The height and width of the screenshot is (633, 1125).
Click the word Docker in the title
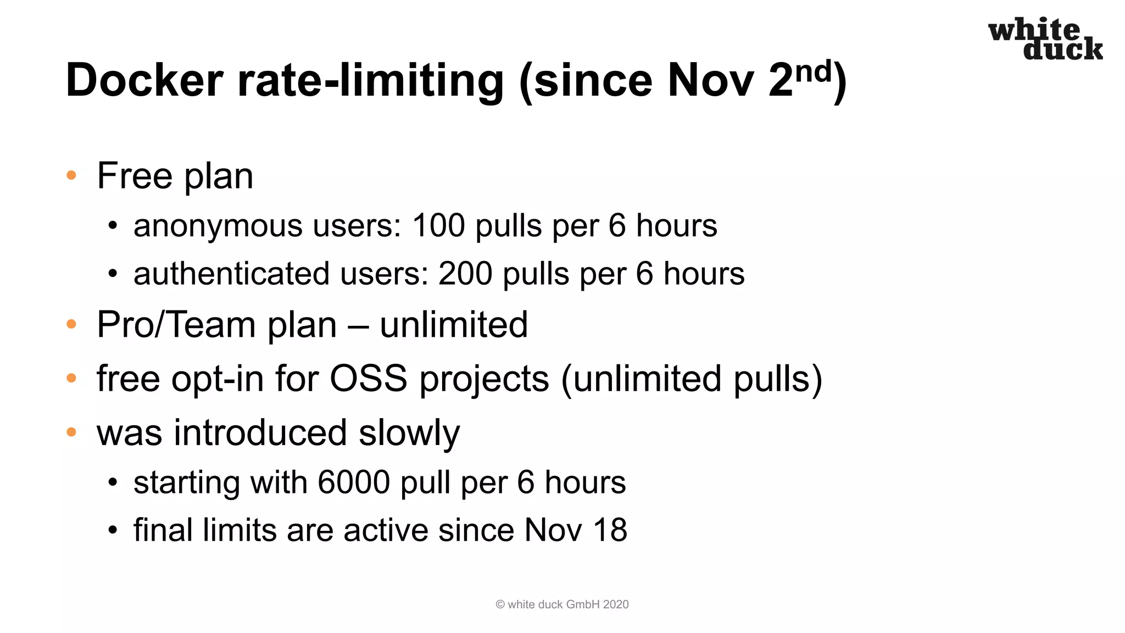pyautogui.click(x=144, y=81)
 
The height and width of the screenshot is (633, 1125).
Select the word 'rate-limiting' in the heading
pyautogui.click(x=370, y=81)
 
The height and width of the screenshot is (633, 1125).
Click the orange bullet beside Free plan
pyautogui.click(x=71, y=176)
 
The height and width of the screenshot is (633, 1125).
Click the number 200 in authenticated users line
pyautogui.click(x=465, y=274)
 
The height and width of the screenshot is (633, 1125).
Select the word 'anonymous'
pyautogui.click(x=218, y=226)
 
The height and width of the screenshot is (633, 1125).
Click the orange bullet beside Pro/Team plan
pyautogui.click(x=71, y=324)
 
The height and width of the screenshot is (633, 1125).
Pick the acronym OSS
pyautogui.click(x=369, y=379)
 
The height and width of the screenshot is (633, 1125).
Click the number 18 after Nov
pyautogui.click(x=610, y=530)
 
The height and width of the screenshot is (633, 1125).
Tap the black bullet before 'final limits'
pyautogui.click(x=113, y=531)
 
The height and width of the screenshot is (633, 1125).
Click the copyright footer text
pyautogui.click(x=562, y=604)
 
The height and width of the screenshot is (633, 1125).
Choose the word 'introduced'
pyautogui.click(x=260, y=432)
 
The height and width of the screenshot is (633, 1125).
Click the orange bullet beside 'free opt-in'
pyautogui.click(x=71, y=378)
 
